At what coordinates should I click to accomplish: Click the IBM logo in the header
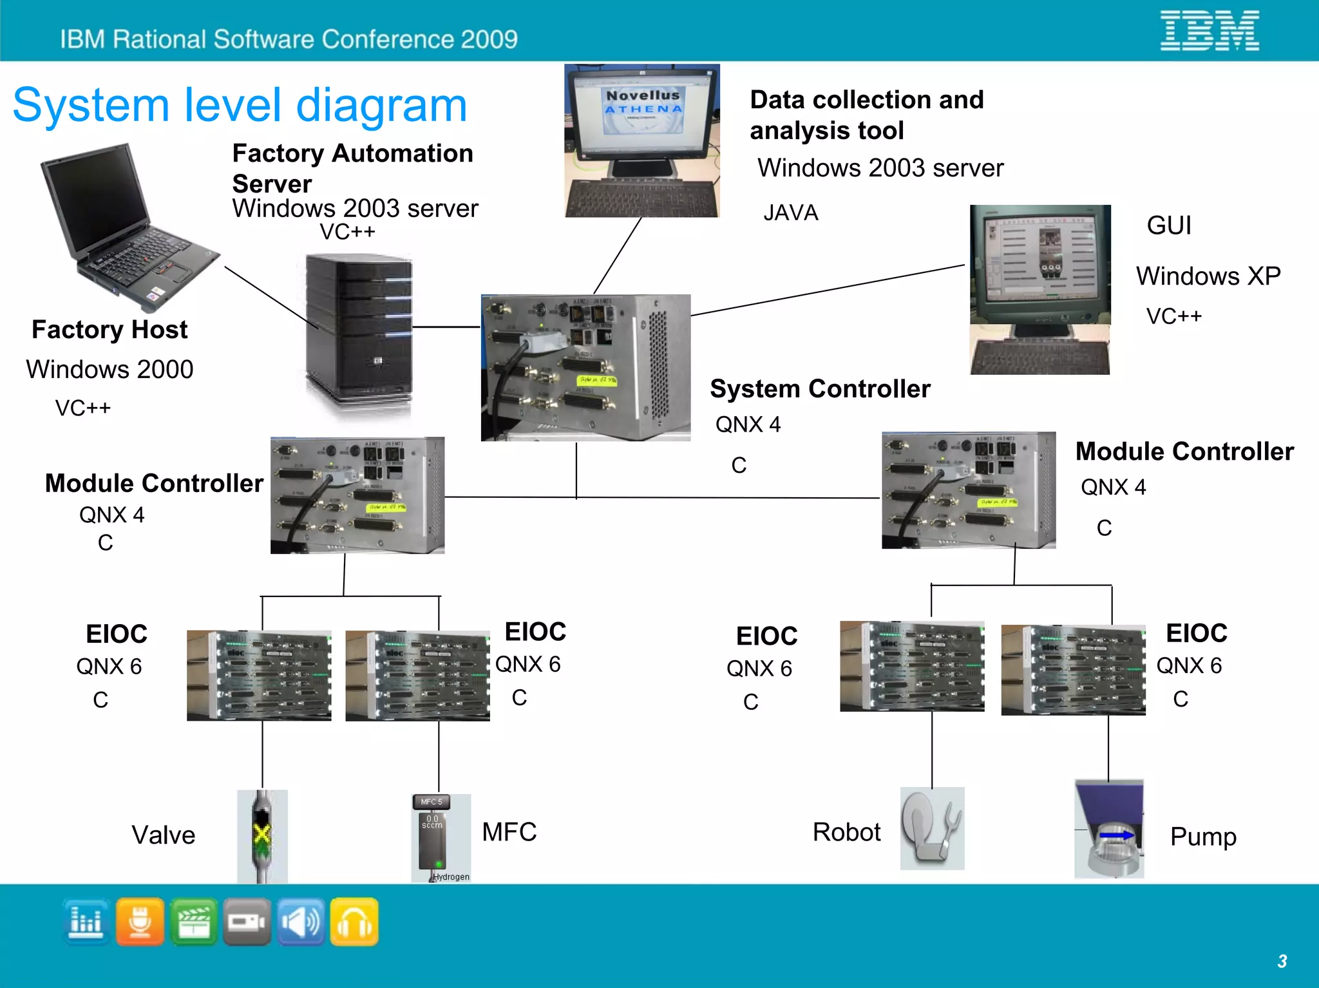[1210, 30]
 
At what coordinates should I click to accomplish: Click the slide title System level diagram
[240, 105]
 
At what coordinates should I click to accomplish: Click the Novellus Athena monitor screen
[642, 110]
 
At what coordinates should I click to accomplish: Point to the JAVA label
[790, 213]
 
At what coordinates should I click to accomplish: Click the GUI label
[1168, 225]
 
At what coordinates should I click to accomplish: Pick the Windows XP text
[1208, 276]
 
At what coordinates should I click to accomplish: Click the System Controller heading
[820, 388]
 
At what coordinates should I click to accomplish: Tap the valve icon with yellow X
[261, 835]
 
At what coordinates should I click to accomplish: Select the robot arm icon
[931, 829]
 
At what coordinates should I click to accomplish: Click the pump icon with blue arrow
[1110, 831]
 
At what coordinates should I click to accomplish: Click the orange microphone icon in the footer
[140, 922]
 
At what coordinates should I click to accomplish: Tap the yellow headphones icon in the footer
[354, 922]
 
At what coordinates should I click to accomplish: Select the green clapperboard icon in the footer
[193, 922]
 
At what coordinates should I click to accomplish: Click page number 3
[1282, 961]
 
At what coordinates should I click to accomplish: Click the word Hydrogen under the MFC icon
[451, 877]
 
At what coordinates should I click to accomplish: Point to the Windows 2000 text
[109, 369]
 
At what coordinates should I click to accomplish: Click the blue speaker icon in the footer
[301, 922]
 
